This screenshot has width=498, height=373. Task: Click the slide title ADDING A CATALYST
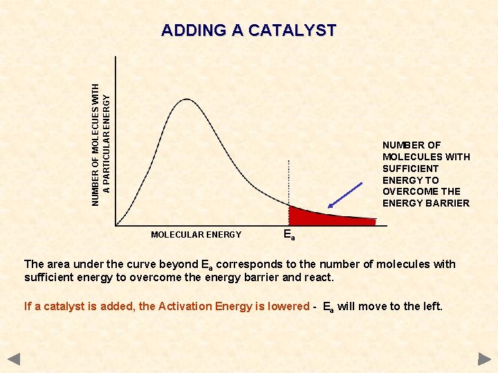[248, 31]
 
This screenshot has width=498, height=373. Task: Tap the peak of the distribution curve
[186, 99]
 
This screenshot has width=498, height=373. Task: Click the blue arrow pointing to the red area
[346, 195]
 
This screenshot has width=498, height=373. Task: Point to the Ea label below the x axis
[289, 235]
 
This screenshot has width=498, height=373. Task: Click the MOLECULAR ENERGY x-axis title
[196, 235]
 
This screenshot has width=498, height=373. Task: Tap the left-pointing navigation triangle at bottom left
[15, 359]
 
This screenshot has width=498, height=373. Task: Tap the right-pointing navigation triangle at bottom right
[483, 359]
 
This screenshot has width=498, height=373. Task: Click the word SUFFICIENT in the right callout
[410, 169]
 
